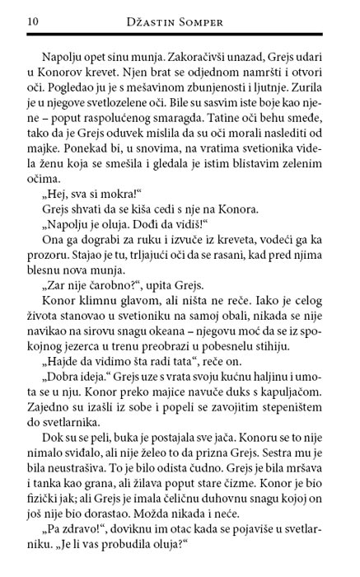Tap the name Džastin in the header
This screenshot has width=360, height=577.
coord(153,20)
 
